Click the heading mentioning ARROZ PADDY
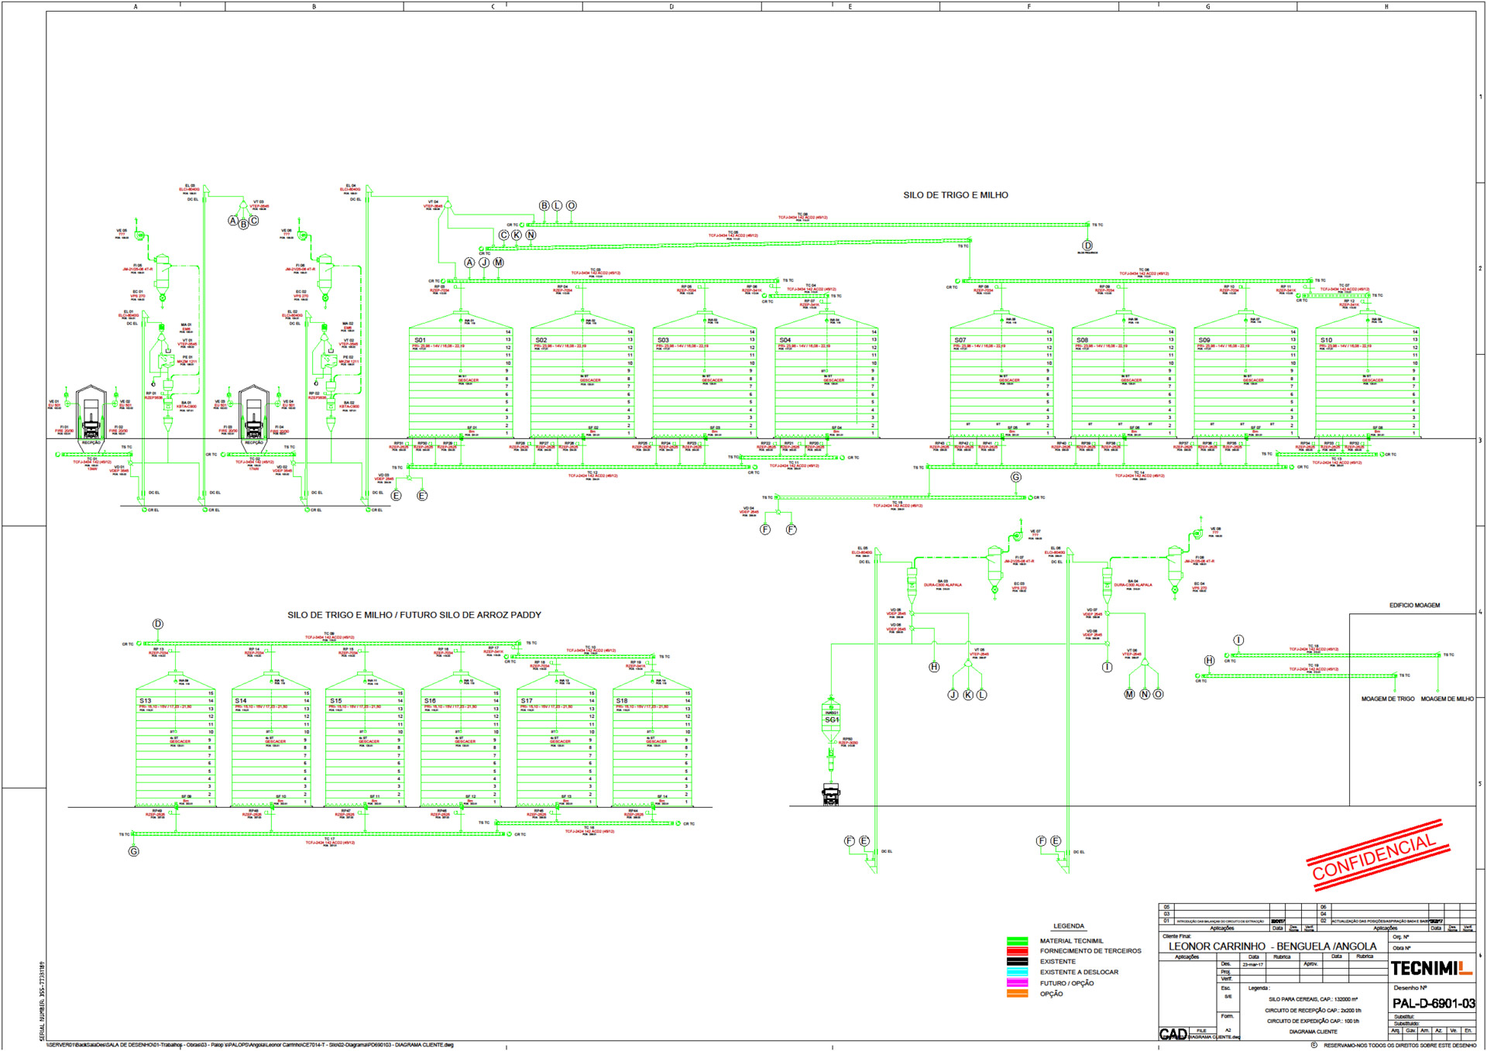tap(414, 615)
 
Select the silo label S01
tap(420, 340)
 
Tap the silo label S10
tap(1327, 340)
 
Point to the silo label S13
tap(146, 701)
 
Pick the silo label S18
tap(622, 701)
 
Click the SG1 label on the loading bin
tap(831, 720)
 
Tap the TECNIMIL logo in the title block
tap(1431, 968)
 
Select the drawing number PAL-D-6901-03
tap(1433, 1004)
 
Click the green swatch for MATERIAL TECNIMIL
tap(1017, 941)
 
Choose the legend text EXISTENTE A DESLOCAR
tap(1079, 972)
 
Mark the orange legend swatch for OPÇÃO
tap(1017, 994)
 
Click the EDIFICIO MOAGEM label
tap(1414, 606)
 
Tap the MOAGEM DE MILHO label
tap(1447, 699)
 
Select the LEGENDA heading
tap(1068, 926)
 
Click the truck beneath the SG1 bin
tap(831, 795)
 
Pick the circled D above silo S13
tap(158, 624)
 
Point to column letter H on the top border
tap(1386, 7)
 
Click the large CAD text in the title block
tap(1173, 1035)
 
